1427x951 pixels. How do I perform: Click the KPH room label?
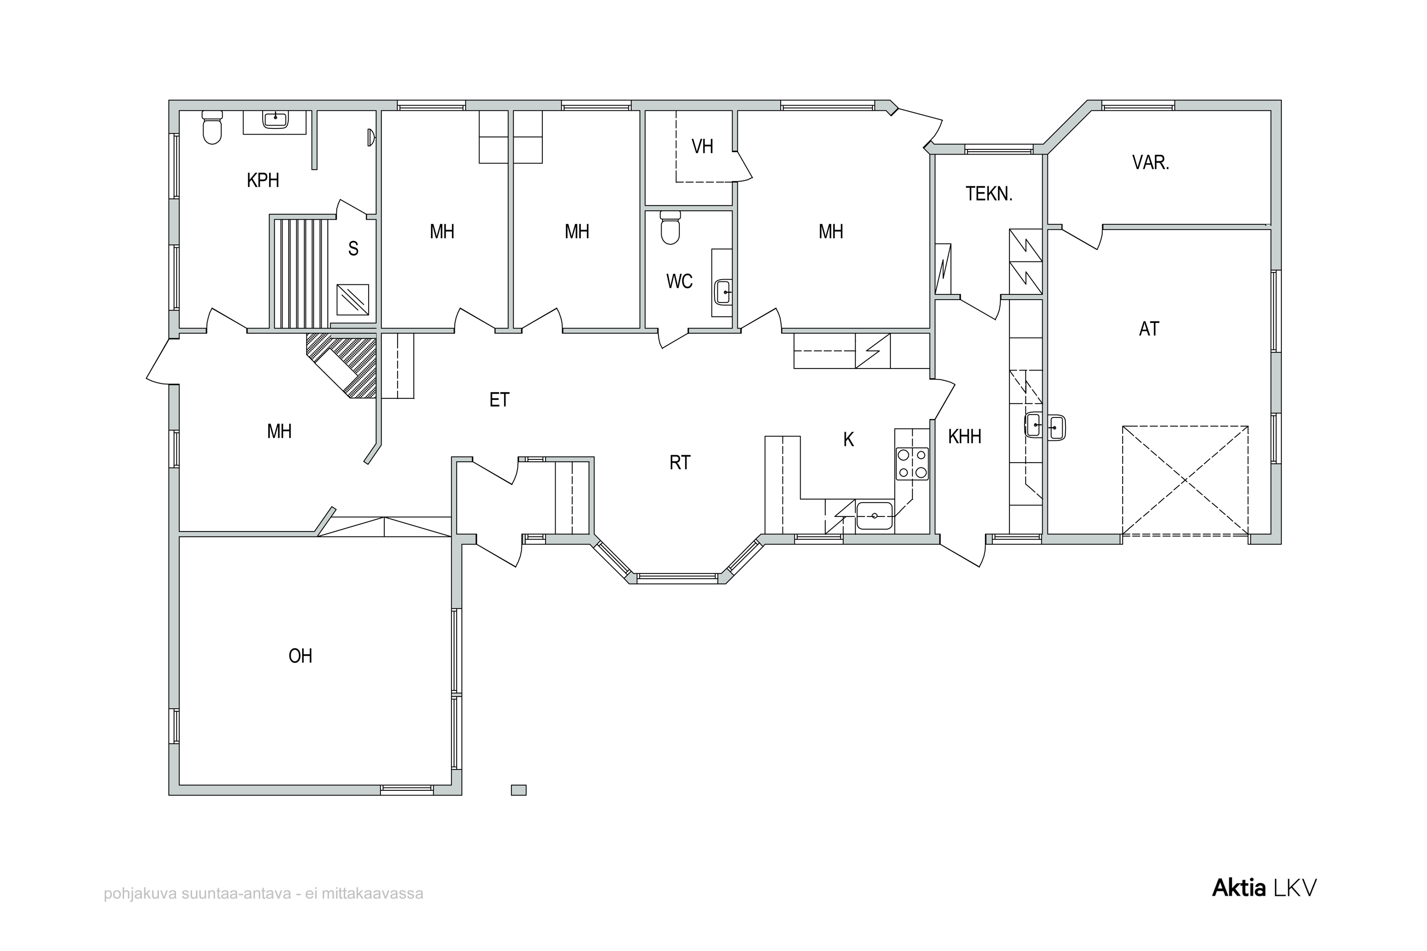point(263,181)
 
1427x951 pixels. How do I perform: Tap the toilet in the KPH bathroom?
point(212,127)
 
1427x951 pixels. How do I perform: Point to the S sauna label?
point(353,249)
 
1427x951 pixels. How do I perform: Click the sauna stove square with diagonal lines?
point(352,300)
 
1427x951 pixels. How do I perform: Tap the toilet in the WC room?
point(670,227)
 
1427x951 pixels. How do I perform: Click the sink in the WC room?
point(723,292)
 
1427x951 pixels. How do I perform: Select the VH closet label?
point(702,147)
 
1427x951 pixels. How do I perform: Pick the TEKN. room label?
point(989,194)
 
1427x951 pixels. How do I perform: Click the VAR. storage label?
point(1150,163)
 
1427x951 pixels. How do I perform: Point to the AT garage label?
point(1149,329)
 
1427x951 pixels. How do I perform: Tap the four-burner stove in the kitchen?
point(912,463)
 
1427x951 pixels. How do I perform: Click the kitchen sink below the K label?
point(874,515)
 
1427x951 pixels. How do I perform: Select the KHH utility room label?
point(965,437)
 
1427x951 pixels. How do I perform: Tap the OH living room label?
point(300,656)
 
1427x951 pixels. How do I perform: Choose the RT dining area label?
point(680,463)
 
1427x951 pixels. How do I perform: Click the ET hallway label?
point(499,400)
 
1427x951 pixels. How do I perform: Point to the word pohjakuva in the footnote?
point(140,894)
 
